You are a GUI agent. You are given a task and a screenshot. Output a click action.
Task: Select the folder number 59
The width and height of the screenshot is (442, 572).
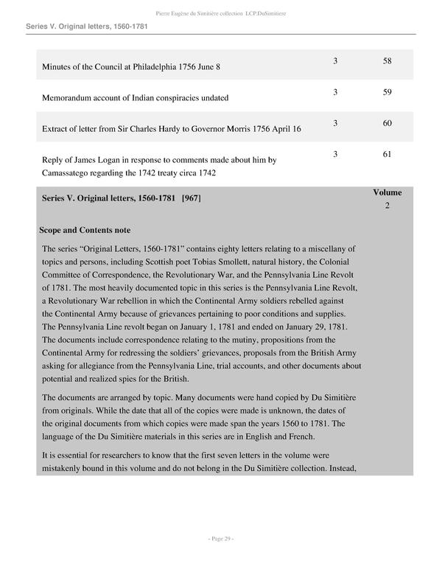point(387,91)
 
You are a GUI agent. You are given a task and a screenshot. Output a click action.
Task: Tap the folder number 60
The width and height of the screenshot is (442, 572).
point(387,123)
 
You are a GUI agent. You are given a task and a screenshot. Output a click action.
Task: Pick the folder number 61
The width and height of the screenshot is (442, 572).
point(387,155)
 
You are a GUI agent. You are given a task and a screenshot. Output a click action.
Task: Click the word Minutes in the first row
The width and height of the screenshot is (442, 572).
point(57,67)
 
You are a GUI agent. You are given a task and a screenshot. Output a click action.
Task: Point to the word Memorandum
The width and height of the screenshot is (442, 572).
point(71,98)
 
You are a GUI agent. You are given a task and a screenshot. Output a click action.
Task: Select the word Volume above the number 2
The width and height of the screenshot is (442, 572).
point(387,192)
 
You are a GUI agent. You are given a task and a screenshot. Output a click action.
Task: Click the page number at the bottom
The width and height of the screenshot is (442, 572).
point(220,539)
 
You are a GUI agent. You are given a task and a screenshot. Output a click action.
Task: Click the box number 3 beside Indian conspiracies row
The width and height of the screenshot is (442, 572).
point(335,91)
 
